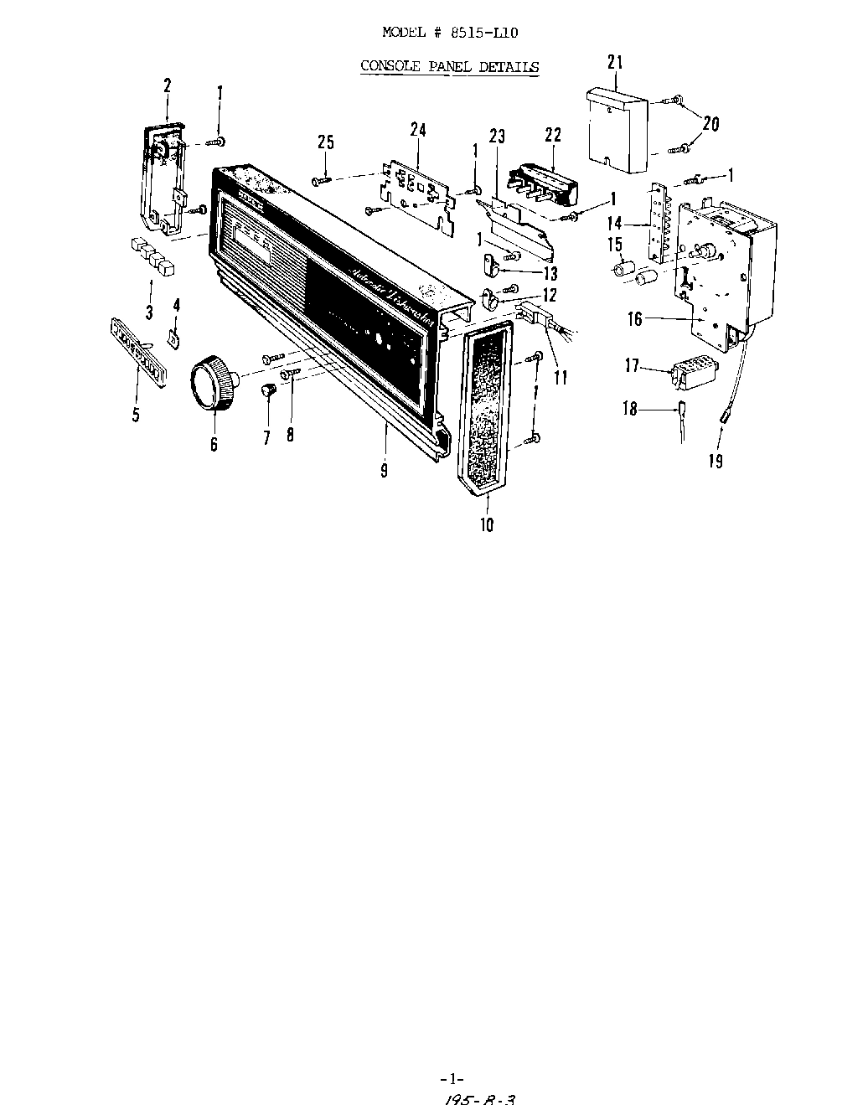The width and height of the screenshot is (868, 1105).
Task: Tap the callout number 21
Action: point(616,63)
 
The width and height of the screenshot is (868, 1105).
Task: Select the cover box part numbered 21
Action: point(617,129)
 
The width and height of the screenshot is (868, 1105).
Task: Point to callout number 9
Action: point(384,470)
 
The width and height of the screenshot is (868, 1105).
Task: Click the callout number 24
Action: point(417,130)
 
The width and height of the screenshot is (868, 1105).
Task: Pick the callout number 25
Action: point(326,143)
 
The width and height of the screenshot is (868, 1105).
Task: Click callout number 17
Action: point(633,366)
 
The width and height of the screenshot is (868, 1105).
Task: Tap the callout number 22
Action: point(553,136)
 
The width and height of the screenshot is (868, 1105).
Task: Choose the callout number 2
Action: point(168,85)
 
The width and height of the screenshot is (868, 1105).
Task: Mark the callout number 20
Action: point(710,124)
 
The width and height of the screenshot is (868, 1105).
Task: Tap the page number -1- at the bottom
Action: point(452,1078)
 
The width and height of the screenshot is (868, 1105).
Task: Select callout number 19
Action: point(716,460)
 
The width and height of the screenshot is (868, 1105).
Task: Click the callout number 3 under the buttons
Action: point(149,312)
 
